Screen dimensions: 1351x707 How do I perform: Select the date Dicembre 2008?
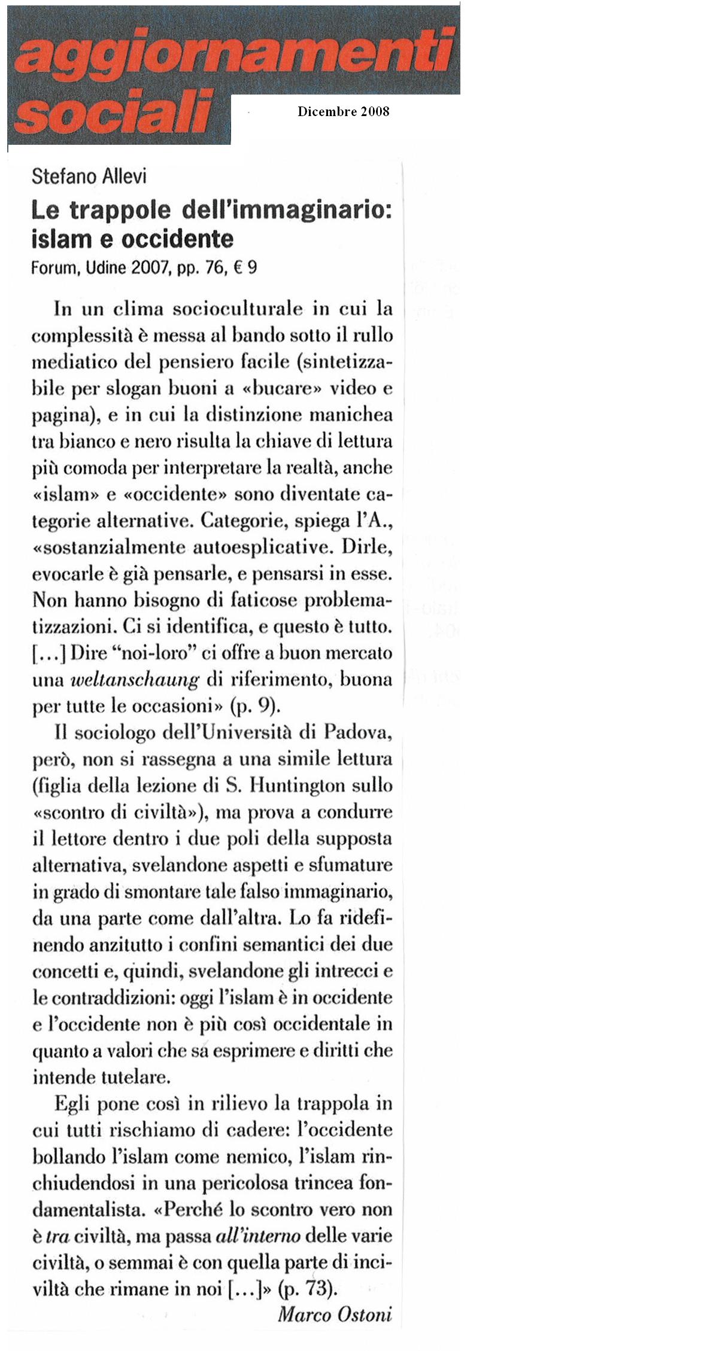[343, 111]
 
